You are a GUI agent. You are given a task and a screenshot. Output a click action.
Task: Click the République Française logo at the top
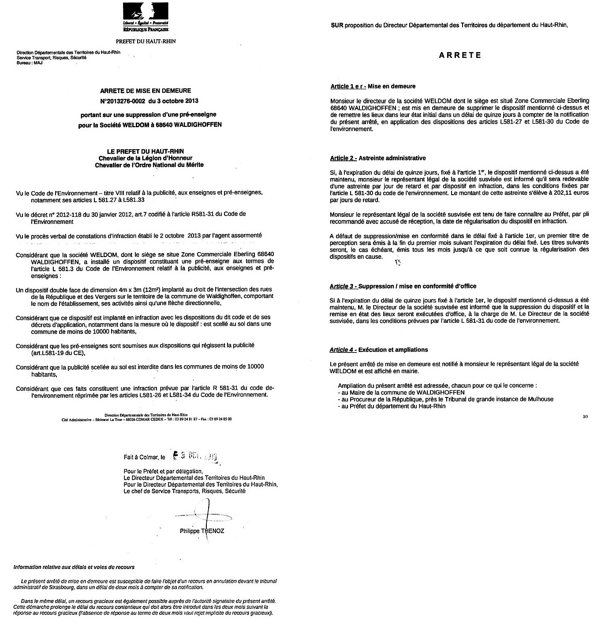146,17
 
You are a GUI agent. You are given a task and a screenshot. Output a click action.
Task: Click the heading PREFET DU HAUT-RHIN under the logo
146,41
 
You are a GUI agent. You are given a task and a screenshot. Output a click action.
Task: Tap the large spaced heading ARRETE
460,56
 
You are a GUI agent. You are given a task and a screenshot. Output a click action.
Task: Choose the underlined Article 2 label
343,158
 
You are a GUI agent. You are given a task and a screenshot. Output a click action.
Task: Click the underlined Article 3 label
343,286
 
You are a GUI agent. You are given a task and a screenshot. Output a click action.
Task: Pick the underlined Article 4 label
343,350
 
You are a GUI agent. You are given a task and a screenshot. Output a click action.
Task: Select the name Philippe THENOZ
202,531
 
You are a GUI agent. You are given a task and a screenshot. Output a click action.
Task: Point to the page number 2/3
585,416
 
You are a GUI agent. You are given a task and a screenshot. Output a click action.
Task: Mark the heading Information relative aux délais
74,567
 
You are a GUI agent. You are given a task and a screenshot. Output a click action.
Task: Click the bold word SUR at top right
337,25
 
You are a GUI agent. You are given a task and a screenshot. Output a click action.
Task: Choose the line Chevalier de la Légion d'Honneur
146,158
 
